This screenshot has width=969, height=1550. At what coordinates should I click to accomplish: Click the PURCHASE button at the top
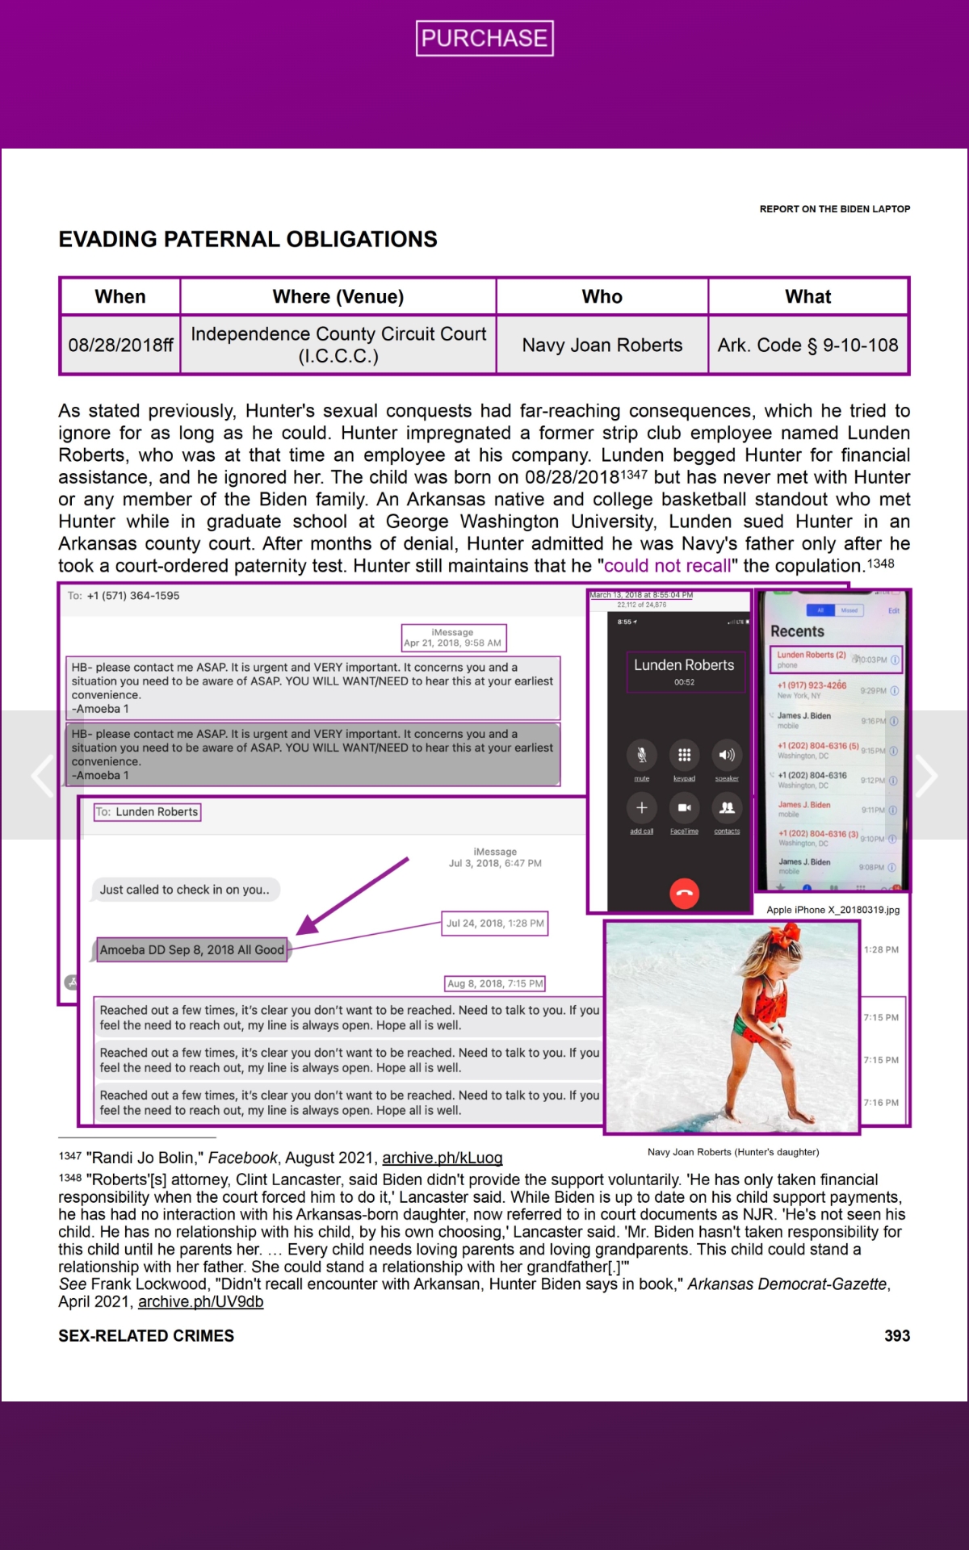point(484,38)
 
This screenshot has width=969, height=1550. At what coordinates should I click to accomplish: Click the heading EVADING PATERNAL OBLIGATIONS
point(248,239)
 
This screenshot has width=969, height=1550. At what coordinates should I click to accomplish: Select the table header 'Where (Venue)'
point(338,296)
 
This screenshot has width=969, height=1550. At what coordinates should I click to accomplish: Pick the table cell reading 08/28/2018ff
point(120,345)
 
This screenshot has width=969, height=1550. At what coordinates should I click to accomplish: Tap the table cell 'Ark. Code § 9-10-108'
point(807,345)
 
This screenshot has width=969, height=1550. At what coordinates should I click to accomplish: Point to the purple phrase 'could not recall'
point(667,566)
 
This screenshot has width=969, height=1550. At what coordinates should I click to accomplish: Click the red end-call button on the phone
point(684,893)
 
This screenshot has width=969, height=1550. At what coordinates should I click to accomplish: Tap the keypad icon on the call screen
point(684,756)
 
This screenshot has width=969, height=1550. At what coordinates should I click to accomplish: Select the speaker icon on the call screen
point(727,756)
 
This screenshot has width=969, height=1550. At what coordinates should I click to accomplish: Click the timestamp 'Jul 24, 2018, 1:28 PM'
point(495,924)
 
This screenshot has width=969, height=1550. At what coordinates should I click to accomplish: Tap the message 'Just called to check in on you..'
point(185,890)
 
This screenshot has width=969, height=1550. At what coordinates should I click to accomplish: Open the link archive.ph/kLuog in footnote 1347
point(442,1158)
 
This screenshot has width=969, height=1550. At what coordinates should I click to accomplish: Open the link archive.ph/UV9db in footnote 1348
point(200,1302)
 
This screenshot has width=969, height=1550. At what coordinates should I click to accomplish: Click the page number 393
point(896,1336)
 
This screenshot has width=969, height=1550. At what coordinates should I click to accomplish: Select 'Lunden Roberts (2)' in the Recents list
point(811,656)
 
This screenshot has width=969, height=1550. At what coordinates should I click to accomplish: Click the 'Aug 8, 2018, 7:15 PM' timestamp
point(495,984)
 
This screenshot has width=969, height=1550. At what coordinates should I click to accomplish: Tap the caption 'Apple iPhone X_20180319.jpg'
point(833,910)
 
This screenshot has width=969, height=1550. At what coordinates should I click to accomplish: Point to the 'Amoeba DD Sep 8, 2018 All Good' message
point(192,950)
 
